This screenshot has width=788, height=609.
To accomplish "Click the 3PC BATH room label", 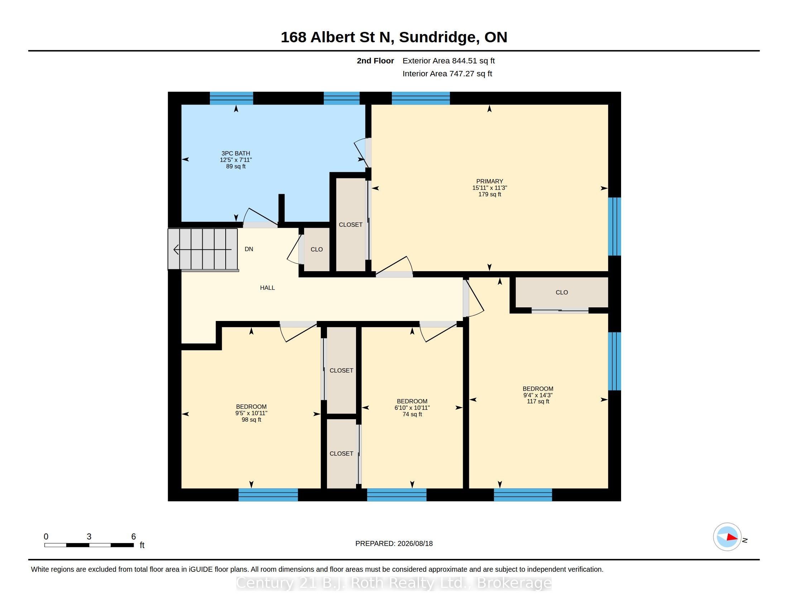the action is pos(236,153).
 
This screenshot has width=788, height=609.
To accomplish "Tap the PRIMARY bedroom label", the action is pos(489,182).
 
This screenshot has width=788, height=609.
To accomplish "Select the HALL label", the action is pos(267,288).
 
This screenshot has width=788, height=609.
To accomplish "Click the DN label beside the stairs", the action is pos(249,249).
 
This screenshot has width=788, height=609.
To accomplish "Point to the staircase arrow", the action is pos(202,249).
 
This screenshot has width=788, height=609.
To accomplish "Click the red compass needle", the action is pos(732,537).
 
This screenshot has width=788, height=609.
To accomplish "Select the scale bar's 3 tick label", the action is pos(89,537).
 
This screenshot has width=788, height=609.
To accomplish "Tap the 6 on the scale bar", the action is pos(134,537).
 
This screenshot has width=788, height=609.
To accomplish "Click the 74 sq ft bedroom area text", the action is pos(412,414).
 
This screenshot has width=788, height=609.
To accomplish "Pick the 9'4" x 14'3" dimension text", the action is pos(538,395).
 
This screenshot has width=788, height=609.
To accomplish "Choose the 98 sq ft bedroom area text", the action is pos(251,419).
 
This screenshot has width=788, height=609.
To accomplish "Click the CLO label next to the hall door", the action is pos(316,249).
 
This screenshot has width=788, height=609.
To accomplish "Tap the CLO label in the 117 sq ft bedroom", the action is pos(561,292).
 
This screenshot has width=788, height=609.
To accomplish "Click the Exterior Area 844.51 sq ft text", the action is pos(448,61).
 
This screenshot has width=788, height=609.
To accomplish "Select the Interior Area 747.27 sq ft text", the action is pos(447,73).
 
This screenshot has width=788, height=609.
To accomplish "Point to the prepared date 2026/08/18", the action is pos(415,543).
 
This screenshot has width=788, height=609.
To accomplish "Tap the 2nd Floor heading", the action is pos(375,61).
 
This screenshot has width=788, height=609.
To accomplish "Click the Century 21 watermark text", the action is pos(394,583).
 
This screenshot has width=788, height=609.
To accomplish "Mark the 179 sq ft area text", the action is pos(489,194).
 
